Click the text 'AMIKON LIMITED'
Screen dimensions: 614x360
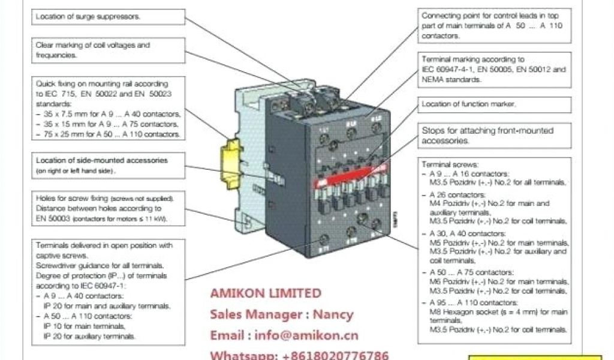265,293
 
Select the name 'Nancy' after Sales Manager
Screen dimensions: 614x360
335,314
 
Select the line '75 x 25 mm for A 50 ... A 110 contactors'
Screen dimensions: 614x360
108,134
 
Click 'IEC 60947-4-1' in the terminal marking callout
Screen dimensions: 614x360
447,70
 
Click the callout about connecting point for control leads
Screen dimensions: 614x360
492,25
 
